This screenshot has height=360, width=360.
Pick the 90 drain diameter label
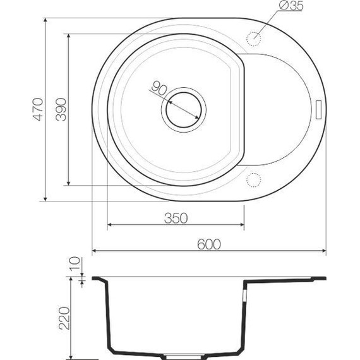pos(159,88)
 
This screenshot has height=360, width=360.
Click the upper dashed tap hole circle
pos(255,37)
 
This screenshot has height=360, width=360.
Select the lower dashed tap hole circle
pos(255,180)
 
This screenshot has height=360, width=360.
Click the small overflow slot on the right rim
pos(318,109)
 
